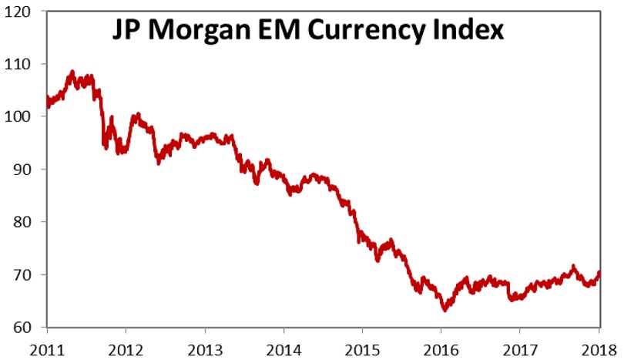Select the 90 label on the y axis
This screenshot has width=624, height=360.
point(29,170)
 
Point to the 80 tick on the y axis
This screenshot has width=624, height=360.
point(29,222)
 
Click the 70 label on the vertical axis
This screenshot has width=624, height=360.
point(29,275)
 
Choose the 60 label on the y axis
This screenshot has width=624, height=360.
point(29,328)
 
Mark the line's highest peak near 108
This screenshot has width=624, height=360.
point(72,72)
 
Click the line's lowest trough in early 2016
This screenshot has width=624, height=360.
point(445,310)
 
